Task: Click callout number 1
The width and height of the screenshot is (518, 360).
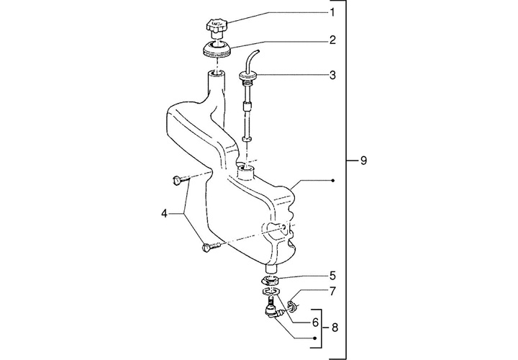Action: (x=332, y=12)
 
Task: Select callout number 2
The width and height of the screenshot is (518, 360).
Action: (x=332, y=40)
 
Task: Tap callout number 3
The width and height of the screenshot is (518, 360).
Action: (x=332, y=75)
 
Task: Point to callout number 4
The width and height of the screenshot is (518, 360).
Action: (x=164, y=214)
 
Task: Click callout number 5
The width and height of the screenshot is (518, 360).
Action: (x=332, y=275)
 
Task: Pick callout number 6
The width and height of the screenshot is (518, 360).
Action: (x=315, y=322)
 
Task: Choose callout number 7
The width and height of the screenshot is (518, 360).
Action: (x=332, y=291)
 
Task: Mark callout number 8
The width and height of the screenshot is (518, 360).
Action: (x=335, y=328)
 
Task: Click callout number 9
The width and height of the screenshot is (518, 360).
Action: (x=363, y=161)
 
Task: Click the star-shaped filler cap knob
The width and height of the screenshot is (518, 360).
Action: (x=216, y=27)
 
